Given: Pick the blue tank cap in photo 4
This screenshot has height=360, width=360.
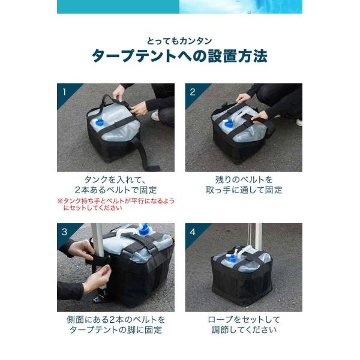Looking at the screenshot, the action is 232,259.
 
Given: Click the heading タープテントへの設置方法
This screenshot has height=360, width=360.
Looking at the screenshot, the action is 179,56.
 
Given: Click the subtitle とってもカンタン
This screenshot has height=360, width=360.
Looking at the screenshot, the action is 179,41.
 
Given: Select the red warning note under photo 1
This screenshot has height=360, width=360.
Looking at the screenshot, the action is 116,205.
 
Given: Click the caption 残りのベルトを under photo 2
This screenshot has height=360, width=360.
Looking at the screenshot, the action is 244,179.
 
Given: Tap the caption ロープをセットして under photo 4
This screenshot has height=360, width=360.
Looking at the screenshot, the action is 244,320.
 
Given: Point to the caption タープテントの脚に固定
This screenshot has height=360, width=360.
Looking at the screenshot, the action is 116,330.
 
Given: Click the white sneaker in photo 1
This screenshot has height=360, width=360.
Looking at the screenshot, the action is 155,115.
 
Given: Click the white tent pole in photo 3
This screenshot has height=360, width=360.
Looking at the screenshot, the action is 98,253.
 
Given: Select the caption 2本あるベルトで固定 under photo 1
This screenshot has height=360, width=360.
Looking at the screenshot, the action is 116,190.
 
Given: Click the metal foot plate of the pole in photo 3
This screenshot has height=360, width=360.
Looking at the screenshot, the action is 100,299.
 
